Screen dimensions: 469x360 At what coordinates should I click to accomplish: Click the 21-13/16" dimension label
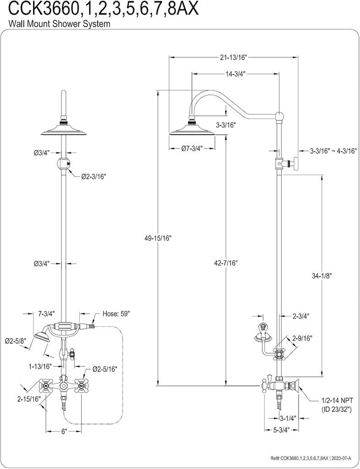pos(233,57)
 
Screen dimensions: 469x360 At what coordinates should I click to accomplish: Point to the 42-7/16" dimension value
pos(226,262)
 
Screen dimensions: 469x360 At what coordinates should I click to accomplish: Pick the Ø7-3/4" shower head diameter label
pos(192,148)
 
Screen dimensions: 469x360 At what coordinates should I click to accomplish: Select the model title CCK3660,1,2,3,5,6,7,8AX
pos(99,9)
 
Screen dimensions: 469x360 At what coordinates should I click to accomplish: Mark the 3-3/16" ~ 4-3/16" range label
pos(333,150)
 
